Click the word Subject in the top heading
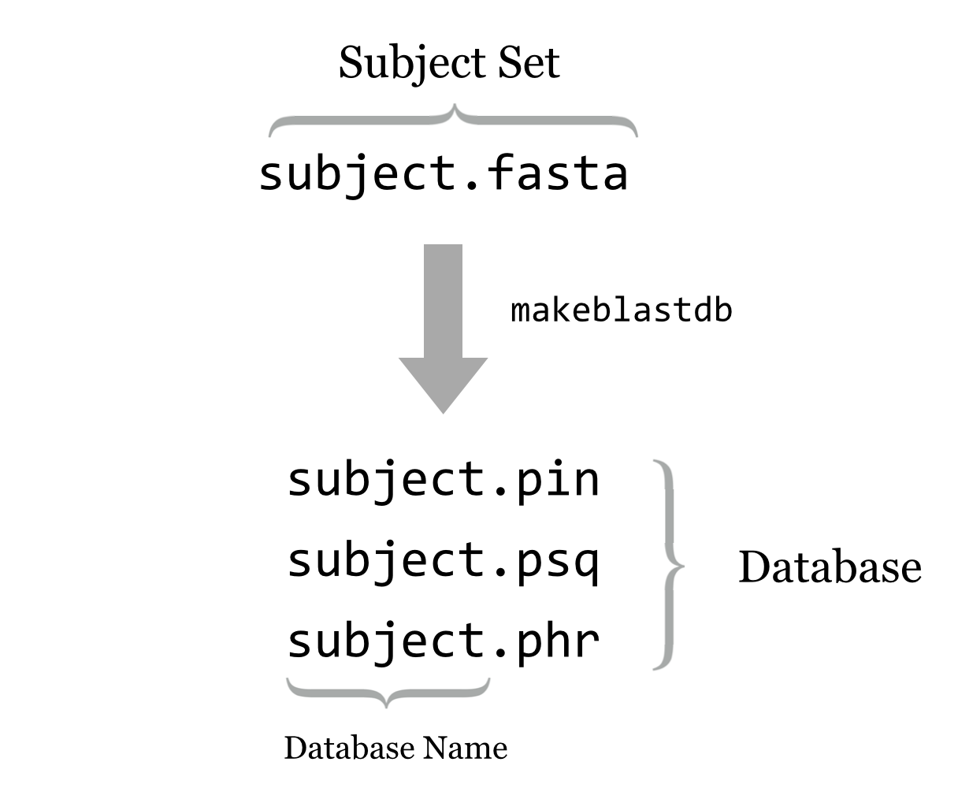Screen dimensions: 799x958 tap(410, 63)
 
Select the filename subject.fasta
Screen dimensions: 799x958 tap(443, 174)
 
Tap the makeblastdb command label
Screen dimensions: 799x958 tap(622, 310)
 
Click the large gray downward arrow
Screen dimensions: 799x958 tap(444, 315)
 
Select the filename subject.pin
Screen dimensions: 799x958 tap(443, 480)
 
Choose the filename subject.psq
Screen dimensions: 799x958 tap(443, 561)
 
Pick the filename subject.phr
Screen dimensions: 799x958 tap(443, 641)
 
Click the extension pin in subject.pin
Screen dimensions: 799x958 tap(557, 480)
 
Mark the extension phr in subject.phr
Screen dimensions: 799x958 tap(557, 641)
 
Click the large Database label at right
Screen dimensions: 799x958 tap(830, 567)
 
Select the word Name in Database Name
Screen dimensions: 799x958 tap(465, 748)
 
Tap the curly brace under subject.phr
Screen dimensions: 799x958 tap(387, 693)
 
